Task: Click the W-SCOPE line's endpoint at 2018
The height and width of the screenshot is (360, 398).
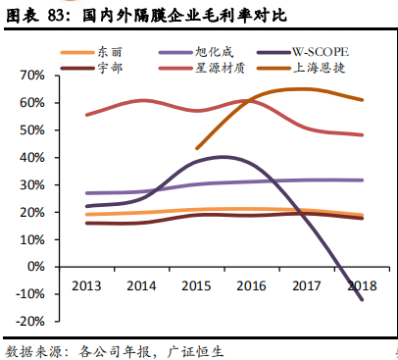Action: (363, 299)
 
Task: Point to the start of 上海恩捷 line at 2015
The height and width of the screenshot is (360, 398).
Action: (197, 149)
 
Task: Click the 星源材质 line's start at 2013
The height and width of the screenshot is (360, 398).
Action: (86, 115)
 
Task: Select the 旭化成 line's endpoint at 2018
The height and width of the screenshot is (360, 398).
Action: (363, 180)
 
